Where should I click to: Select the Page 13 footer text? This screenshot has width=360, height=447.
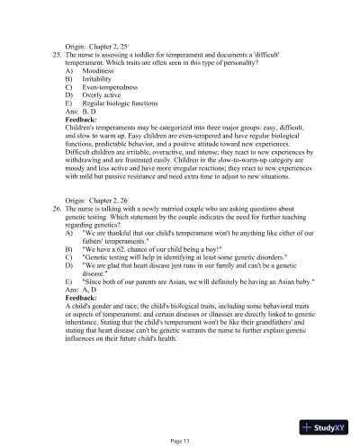[179, 439]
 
